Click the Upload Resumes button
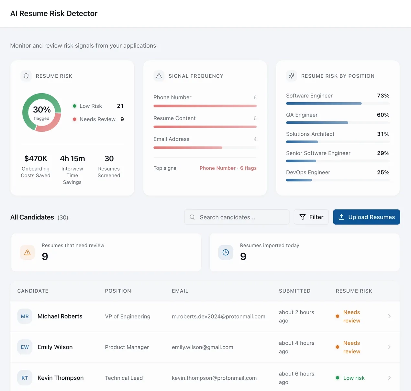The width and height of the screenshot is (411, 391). coord(366,217)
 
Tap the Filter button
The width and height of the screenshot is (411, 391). coord(311,217)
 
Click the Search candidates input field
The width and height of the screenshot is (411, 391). coord(237,217)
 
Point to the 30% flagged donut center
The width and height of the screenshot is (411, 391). coord(42,113)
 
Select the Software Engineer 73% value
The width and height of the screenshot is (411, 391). coord(383,95)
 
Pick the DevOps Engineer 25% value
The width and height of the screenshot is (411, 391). coord(383,172)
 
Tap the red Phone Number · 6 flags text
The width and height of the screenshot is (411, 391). coord(228,168)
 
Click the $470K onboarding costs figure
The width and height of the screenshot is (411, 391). coord(36,159)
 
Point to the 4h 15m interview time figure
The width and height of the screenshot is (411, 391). coord(72,159)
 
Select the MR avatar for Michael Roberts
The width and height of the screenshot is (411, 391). coord(25,316)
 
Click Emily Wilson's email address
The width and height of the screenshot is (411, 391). coord(202,347)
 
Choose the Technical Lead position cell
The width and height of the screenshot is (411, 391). coord(124,378)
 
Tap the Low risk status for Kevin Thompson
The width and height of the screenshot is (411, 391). coord(354,378)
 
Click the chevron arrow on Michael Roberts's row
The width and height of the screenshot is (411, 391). coord(389,316)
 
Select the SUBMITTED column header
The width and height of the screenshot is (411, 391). coord(294,291)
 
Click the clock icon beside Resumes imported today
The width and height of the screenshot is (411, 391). coord(226,252)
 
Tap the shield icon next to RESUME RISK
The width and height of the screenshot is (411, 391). coord(26,76)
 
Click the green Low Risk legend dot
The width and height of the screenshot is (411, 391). coord(74,106)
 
